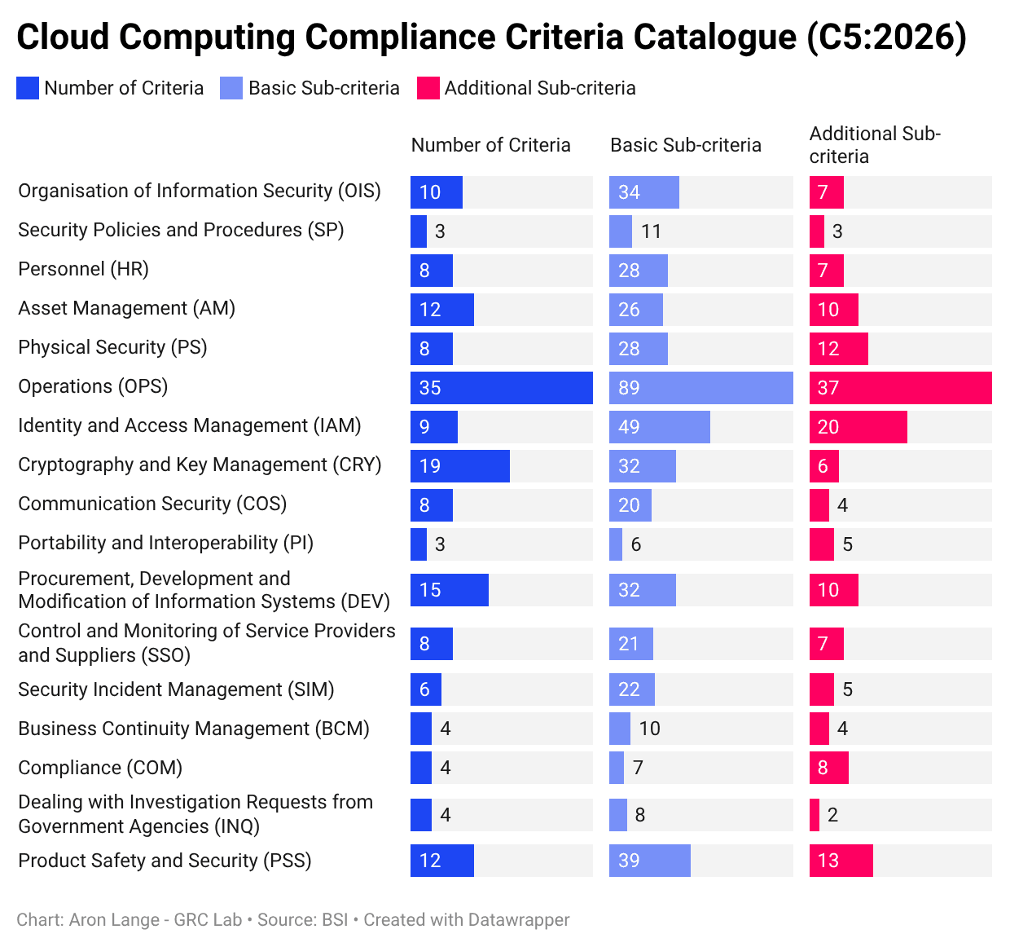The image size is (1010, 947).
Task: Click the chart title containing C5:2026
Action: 491,37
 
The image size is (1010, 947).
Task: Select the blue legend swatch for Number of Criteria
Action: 28,88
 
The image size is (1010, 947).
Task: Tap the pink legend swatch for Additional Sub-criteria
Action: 428,88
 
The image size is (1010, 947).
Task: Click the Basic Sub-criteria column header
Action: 685,145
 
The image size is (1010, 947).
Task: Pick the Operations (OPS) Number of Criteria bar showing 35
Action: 501,388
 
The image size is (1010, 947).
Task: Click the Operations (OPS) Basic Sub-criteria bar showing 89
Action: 700,388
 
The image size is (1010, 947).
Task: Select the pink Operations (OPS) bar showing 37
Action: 900,388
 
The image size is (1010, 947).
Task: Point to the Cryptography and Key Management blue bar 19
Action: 459,466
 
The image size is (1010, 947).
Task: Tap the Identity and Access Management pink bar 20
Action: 858,427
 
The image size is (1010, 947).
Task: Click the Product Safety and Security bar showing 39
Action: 649,861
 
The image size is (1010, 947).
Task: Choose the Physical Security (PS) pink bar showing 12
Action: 838,349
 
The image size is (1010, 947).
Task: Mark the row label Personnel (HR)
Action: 83,269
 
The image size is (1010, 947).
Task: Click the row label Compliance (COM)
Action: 100,768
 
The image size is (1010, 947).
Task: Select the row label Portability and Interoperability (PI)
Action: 165,543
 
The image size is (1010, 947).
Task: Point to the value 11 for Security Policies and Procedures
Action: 651,231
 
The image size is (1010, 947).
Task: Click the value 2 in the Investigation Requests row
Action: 832,815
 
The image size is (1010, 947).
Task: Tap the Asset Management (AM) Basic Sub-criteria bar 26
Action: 635,310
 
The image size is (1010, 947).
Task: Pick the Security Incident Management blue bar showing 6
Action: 425,689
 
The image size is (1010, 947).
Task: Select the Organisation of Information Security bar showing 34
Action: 643,192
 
